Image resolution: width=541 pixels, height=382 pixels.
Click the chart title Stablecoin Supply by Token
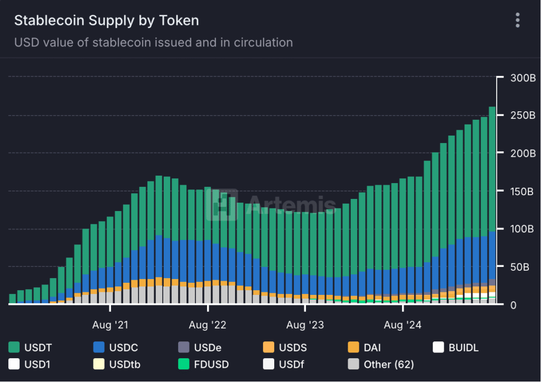106,21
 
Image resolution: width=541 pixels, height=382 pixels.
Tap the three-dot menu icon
518,21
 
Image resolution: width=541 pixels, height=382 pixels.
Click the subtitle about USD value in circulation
153,42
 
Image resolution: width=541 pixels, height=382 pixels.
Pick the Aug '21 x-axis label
110,324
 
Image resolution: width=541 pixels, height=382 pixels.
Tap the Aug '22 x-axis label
208,324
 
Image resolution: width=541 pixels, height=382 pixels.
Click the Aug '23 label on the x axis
305,324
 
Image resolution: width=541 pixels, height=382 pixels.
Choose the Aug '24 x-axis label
403,324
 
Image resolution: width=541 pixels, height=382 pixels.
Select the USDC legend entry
116,347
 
